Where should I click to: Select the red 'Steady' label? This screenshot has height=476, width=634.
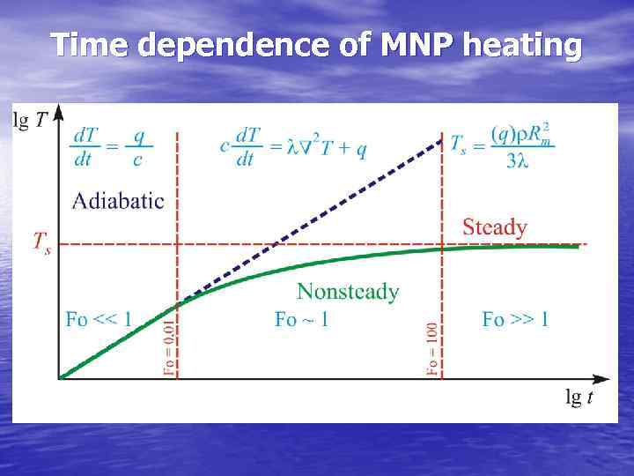click(495, 227)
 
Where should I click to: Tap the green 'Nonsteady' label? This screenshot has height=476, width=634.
click(348, 291)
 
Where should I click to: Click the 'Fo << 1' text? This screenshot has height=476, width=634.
click(99, 319)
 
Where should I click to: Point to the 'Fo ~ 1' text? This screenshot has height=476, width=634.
click(301, 319)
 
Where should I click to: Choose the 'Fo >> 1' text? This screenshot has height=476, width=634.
click(515, 319)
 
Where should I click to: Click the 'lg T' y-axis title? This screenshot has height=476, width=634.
click(31, 122)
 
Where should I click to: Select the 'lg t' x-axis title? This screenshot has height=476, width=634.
click(579, 398)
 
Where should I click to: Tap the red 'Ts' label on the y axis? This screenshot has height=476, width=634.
click(41, 241)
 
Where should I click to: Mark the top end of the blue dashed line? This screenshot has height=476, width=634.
click(441, 138)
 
